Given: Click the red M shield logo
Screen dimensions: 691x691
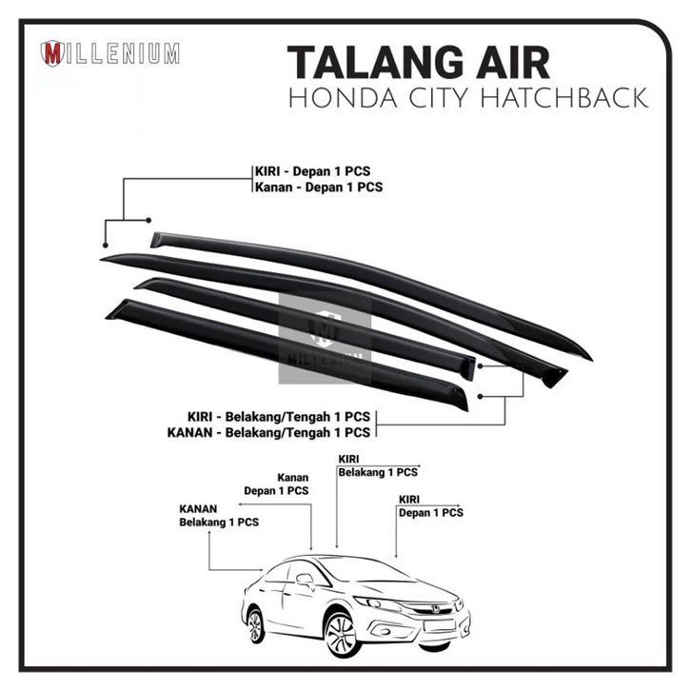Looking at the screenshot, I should pos(52,53).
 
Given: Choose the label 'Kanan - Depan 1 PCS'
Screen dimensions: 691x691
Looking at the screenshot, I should pos(318,187).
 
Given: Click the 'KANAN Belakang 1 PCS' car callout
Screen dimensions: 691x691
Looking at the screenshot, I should pos(219,515).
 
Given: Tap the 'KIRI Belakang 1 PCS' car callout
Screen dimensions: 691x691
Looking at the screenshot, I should pos(377,464).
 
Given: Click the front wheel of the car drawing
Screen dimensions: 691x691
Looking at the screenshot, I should pos(341,632).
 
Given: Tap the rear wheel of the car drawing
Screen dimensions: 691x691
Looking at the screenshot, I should pos(255,624).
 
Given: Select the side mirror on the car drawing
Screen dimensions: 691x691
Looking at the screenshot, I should pos(305,578).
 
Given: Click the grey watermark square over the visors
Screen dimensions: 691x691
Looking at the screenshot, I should pos(325,338).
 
